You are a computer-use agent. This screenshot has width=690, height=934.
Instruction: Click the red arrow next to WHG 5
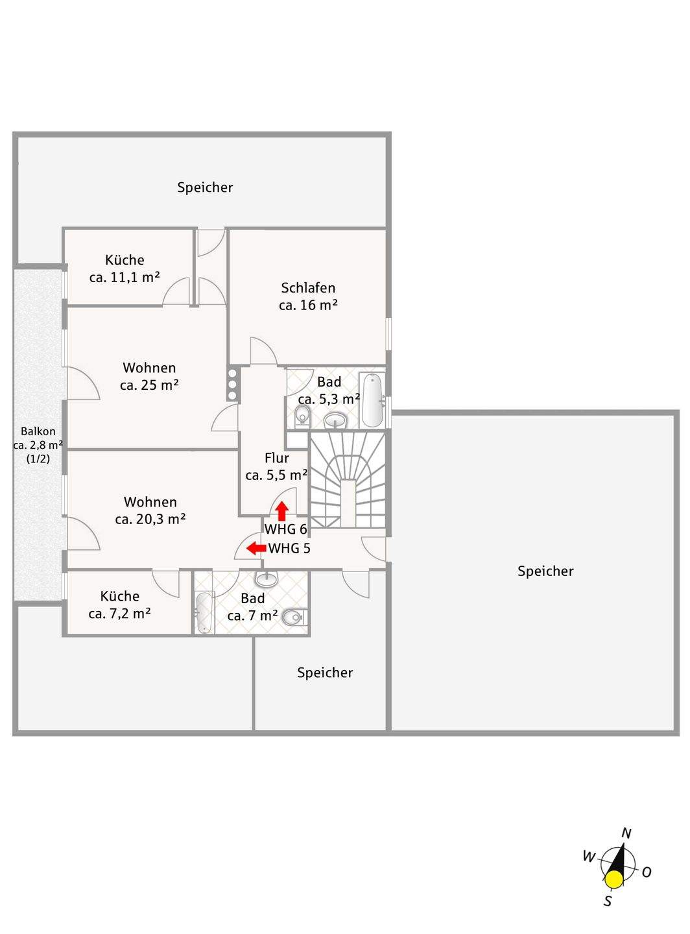[x=256, y=548]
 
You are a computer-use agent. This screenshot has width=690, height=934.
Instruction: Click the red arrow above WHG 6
[x=281, y=510]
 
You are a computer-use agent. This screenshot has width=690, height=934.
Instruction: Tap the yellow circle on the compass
[x=613, y=880]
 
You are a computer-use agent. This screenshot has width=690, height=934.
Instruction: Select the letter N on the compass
[x=626, y=833]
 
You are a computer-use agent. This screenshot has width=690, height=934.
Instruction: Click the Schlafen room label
[x=308, y=288]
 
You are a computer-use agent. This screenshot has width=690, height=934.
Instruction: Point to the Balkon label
[x=38, y=431]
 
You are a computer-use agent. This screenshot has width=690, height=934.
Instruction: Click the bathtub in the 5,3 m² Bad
[x=372, y=400]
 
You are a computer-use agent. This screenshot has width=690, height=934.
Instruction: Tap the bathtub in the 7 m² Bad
[x=204, y=612]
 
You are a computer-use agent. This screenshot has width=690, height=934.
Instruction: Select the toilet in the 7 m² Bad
[x=294, y=617]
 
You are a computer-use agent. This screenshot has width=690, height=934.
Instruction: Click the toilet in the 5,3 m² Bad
[x=302, y=415]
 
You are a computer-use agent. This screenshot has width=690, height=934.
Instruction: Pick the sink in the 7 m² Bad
[x=267, y=579]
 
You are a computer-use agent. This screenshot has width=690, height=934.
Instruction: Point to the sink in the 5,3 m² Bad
[x=335, y=421]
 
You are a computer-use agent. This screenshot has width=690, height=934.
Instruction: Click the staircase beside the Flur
[x=347, y=480]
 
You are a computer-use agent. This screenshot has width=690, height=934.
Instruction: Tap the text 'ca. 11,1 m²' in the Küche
[x=125, y=277]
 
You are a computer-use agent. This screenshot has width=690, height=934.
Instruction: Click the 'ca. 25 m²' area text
[x=149, y=385]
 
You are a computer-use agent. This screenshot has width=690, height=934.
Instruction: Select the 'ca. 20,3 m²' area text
[x=150, y=519]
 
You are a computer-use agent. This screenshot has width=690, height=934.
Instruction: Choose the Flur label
[x=276, y=458]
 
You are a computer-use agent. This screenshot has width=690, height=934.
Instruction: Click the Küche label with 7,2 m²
[x=120, y=596]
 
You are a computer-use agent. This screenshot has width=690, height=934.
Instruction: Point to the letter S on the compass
[x=608, y=901]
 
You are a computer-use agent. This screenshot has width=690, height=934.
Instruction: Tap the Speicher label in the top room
[x=205, y=187]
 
